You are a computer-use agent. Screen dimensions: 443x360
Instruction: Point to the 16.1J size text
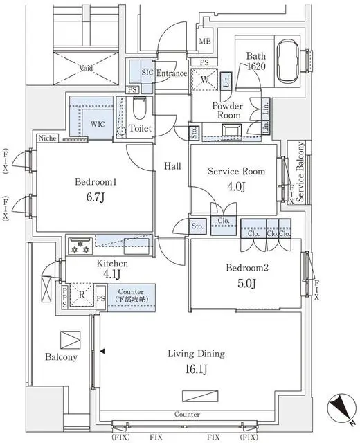pyautogui.click(x=196, y=368)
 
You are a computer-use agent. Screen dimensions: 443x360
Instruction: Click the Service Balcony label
pyautogui.click(x=300, y=173)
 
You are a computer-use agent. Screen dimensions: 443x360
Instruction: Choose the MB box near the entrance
pyautogui.click(x=205, y=42)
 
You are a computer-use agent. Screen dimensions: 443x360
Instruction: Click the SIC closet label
pyautogui.click(x=147, y=72)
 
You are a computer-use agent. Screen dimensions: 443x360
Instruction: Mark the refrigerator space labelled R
pyautogui.click(x=82, y=293)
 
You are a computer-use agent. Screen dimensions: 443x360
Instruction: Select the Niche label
pyautogui.click(x=48, y=138)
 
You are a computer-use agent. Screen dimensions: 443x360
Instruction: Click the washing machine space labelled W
pyautogui.click(x=206, y=80)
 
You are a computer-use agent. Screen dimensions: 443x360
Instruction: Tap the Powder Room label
pyautogui.click(x=227, y=111)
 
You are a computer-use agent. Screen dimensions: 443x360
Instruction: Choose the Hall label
pyautogui.click(x=172, y=166)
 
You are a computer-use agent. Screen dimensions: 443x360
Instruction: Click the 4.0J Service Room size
pyautogui.click(x=235, y=186)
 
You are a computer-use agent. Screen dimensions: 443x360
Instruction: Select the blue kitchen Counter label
pyautogui.click(x=130, y=293)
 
